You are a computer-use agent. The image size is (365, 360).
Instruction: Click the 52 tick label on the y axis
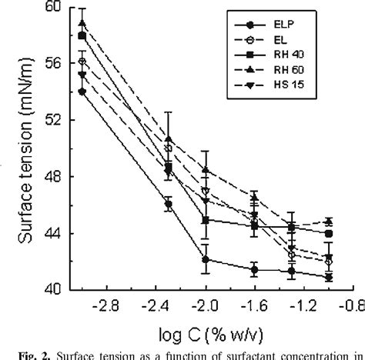52,121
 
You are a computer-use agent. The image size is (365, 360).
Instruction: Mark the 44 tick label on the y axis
52,234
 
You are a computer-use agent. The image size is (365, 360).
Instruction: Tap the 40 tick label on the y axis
52,290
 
